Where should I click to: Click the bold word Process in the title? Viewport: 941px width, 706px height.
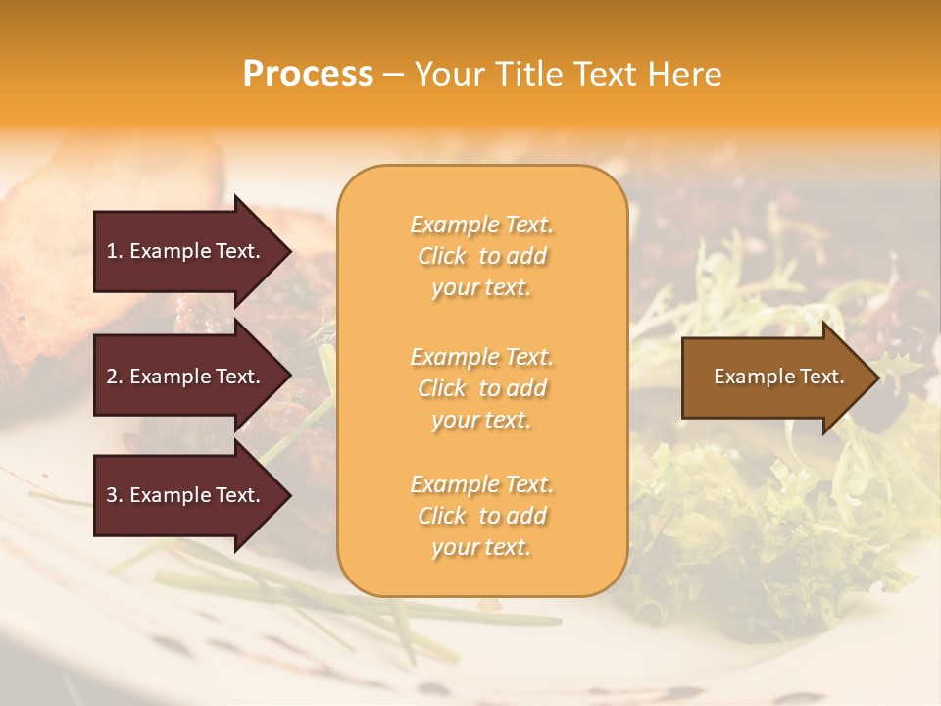click(x=308, y=75)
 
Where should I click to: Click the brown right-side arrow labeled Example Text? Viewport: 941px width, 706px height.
click(x=774, y=377)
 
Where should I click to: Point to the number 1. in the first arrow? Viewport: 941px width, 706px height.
click(x=114, y=251)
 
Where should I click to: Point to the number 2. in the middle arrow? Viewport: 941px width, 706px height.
click(x=115, y=377)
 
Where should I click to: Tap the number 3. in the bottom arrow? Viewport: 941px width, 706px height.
click(x=115, y=495)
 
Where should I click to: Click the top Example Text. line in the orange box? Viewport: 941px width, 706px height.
click(x=481, y=225)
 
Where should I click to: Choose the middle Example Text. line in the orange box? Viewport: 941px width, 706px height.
click(x=481, y=357)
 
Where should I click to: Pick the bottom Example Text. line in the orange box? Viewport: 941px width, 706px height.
click(x=481, y=484)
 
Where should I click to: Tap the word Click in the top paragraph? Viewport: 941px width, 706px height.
click(x=442, y=256)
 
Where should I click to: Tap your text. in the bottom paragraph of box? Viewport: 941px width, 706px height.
click(x=481, y=547)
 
